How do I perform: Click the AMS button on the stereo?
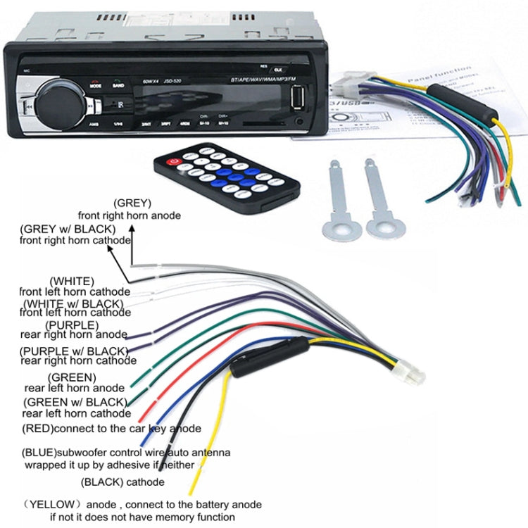[94, 122]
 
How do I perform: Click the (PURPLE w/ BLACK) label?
[74, 350]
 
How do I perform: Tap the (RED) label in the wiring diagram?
[38, 428]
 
